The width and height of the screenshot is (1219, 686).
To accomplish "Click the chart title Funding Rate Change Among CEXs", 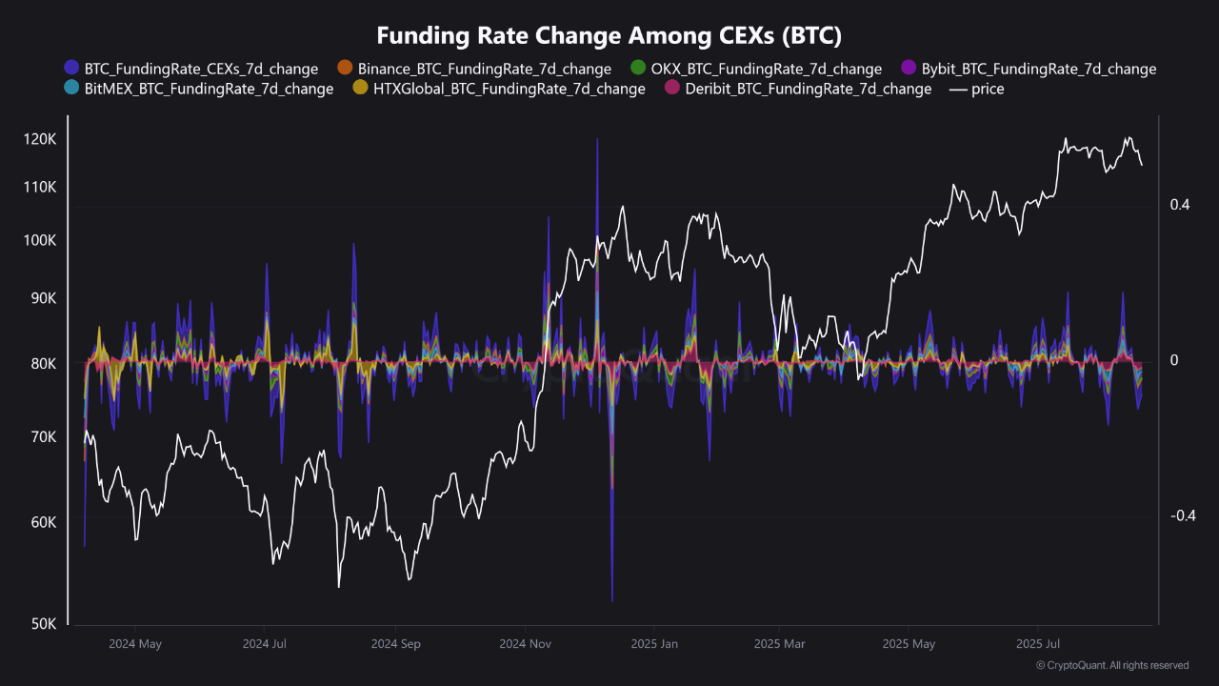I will [x=609, y=35].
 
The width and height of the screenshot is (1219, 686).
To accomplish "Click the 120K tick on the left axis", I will [x=40, y=139].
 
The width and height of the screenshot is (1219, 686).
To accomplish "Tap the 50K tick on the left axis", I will [x=43, y=624].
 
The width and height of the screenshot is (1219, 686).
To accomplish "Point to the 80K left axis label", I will [x=43, y=364].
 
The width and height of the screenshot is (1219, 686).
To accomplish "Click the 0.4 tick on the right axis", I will [x=1179, y=205].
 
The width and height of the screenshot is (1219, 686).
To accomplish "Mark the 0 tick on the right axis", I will [x=1173, y=360].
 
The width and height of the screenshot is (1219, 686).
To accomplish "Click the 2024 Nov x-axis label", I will [x=525, y=644].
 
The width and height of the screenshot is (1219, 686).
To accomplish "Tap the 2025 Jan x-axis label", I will [x=654, y=644].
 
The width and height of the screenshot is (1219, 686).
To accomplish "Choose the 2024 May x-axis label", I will [x=135, y=644].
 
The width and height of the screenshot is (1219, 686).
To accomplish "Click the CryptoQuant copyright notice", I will [x=1111, y=665].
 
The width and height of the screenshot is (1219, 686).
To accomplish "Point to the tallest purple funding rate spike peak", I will [x=597, y=140].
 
